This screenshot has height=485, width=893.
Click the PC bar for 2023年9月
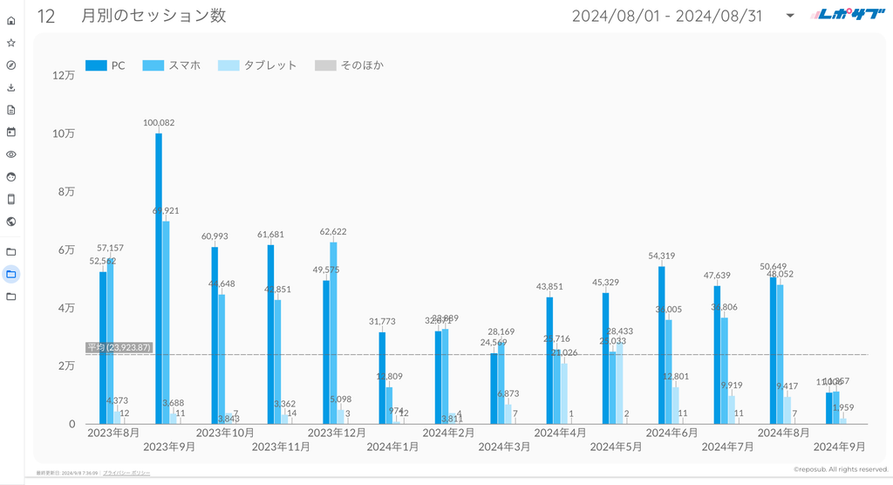[159, 279]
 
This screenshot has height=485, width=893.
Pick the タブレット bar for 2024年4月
[563, 393]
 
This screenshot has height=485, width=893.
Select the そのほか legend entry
[349, 65]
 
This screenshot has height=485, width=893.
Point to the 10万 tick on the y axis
[64, 133]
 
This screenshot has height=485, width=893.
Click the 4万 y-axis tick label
[66, 308]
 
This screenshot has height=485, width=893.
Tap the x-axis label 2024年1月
[393, 447]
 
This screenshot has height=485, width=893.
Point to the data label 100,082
[159, 123]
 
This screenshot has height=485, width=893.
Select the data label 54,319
[662, 256]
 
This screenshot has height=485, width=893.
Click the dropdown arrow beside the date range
[790, 16]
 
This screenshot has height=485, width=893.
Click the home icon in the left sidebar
[11, 20]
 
